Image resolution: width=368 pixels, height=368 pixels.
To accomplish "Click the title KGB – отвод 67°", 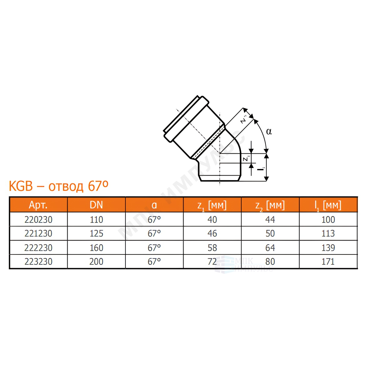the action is (x=59, y=186).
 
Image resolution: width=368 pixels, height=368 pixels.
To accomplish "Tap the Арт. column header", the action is (x=38, y=205).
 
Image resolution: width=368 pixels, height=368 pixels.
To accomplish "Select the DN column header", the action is (x=96, y=205).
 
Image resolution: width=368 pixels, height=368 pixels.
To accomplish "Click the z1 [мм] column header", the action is (x=212, y=206).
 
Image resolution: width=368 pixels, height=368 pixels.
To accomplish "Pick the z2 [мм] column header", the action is (x=270, y=206).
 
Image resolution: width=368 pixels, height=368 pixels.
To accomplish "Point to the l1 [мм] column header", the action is (x=328, y=206).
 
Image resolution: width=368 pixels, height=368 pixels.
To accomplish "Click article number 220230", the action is (x=38, y=220).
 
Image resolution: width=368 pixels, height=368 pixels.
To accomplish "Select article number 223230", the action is (x=38, y=262).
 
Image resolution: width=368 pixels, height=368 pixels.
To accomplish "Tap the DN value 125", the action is (x=96, y=233).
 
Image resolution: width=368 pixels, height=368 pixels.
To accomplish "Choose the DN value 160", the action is (x=96, y=248).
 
